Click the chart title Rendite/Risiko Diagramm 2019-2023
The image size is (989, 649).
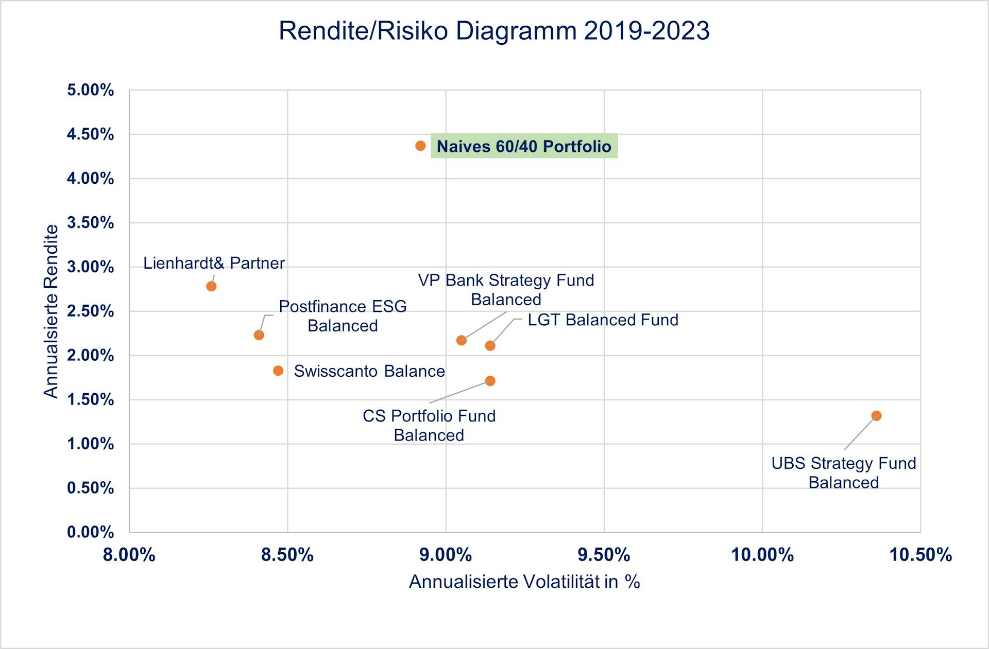[494, 31]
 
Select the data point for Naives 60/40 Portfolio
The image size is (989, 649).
[420, 146]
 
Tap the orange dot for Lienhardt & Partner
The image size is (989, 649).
[211, 286]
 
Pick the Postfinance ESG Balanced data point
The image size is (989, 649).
[259, 335]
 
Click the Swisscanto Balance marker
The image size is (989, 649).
[278, 371]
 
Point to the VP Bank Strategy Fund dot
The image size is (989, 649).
[462, 340]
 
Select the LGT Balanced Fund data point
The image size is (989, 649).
[490, 345]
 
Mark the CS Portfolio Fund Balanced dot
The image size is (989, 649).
[490, 381]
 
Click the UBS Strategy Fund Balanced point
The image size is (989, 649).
[876, 416]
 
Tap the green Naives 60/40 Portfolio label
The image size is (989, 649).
[524, 146]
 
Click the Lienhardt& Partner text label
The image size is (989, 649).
[214, 263]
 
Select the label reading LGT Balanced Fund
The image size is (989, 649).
[603, 320]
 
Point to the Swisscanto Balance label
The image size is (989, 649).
[369, 371]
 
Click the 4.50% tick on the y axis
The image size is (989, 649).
[91, 134]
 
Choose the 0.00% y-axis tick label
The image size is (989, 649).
[91, 532]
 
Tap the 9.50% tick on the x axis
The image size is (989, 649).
[604, 555]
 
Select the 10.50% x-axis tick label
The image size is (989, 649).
[920, 555]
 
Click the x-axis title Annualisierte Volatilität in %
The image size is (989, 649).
[524, 582]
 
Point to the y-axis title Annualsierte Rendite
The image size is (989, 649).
[50, 311]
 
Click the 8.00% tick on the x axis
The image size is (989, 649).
[129, 555]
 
